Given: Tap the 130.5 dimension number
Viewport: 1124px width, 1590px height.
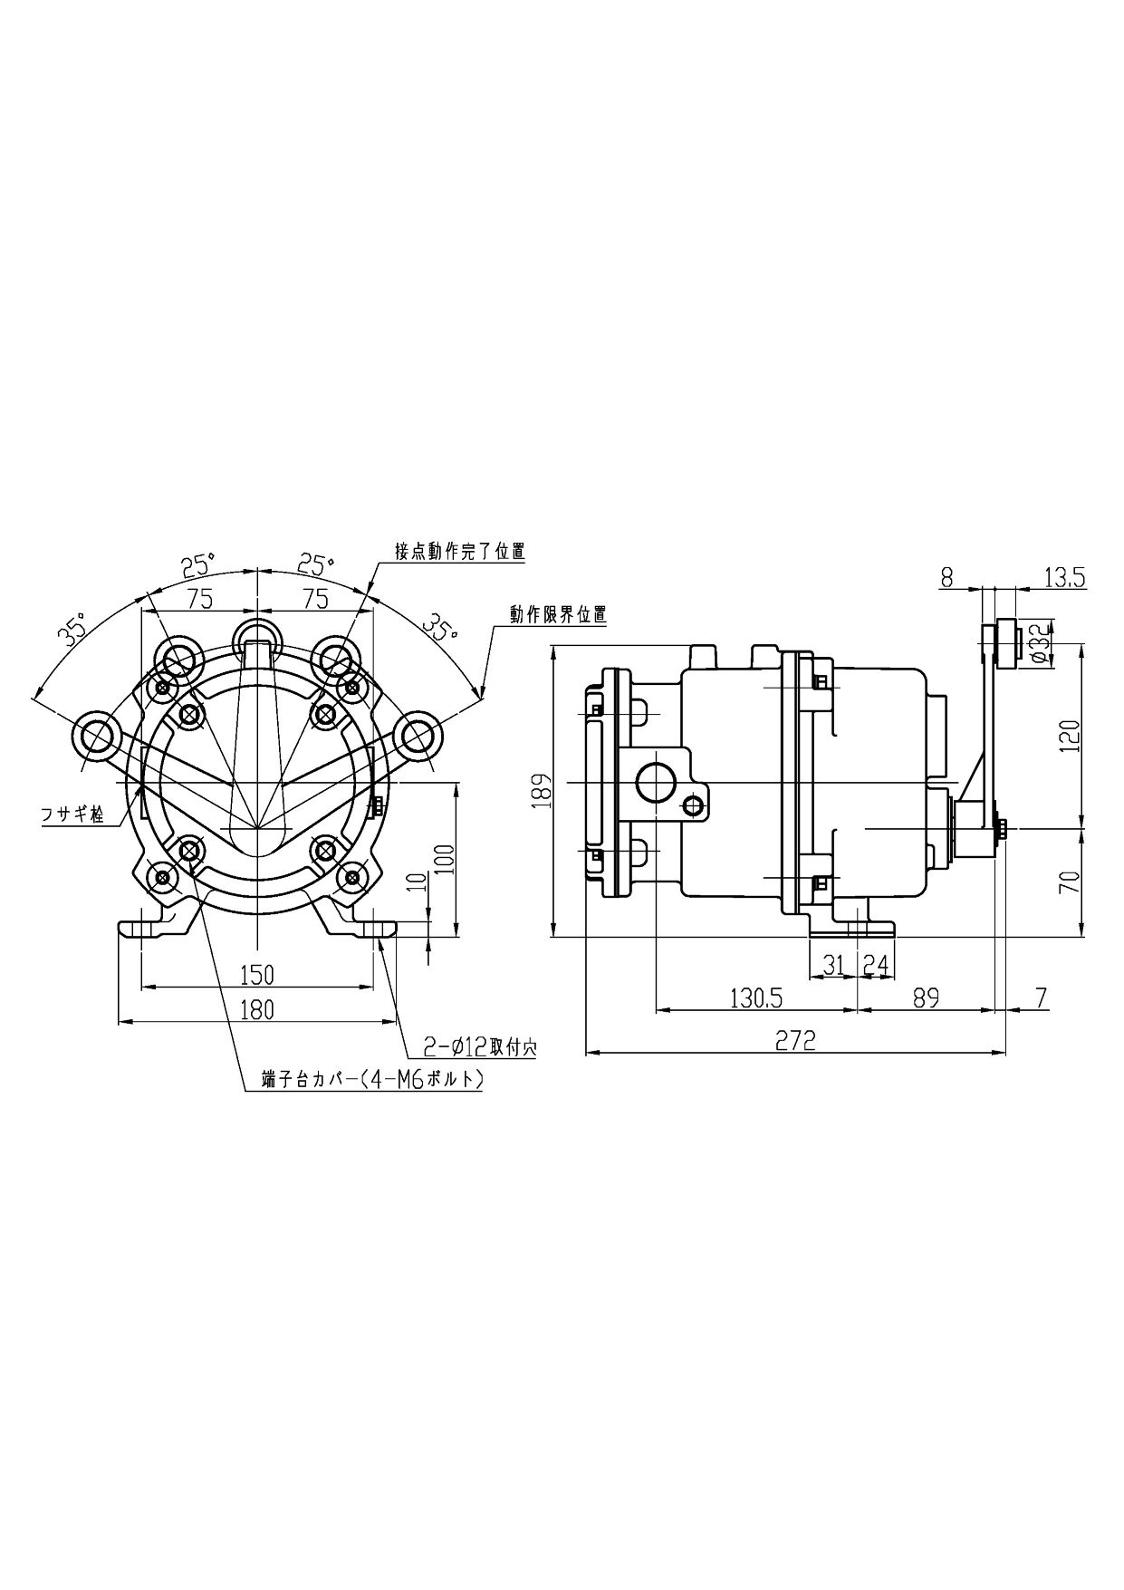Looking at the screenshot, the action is (755, 997).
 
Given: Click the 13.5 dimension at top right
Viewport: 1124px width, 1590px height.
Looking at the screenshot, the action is (1064, 578).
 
